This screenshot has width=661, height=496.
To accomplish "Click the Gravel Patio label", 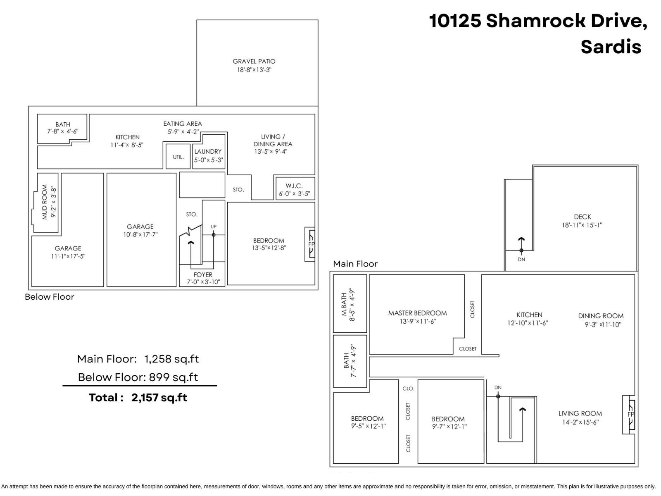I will click(254, 61).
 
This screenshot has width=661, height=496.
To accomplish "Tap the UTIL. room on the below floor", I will click(178, 157).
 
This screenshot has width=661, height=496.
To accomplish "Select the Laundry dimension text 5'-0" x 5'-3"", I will click(209, 160).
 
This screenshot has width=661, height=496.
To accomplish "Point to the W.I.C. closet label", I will click(294, 186).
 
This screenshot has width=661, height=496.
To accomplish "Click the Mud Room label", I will click(45, 202).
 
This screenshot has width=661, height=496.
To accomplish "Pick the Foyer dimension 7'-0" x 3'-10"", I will click(203, 282).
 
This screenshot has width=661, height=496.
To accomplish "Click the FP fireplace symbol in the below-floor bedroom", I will click(311, 244).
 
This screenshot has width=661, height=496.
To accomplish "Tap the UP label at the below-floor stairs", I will click(214, 227).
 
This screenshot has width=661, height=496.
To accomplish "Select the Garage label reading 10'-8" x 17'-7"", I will click(140, 227).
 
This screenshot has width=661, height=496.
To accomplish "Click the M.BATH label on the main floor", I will click(344, 305).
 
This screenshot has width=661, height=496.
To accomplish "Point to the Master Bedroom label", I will click(417, 313).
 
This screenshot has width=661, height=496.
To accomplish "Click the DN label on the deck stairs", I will click(521, 260).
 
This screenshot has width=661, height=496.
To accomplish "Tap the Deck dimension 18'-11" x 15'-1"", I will click(582, 225).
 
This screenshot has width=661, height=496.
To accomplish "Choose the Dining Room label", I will click(601, 316).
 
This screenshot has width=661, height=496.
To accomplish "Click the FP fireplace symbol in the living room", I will click(630, 414).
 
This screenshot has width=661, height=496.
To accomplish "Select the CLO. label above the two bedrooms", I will click(408, 389).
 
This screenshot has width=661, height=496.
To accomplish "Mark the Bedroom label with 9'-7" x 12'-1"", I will click(448, 419).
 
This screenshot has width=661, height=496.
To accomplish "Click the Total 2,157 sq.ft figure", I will click(159, 398).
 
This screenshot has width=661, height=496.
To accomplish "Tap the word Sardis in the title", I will click(611, 46).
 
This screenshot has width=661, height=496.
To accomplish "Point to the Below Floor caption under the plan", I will click(49, 297).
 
